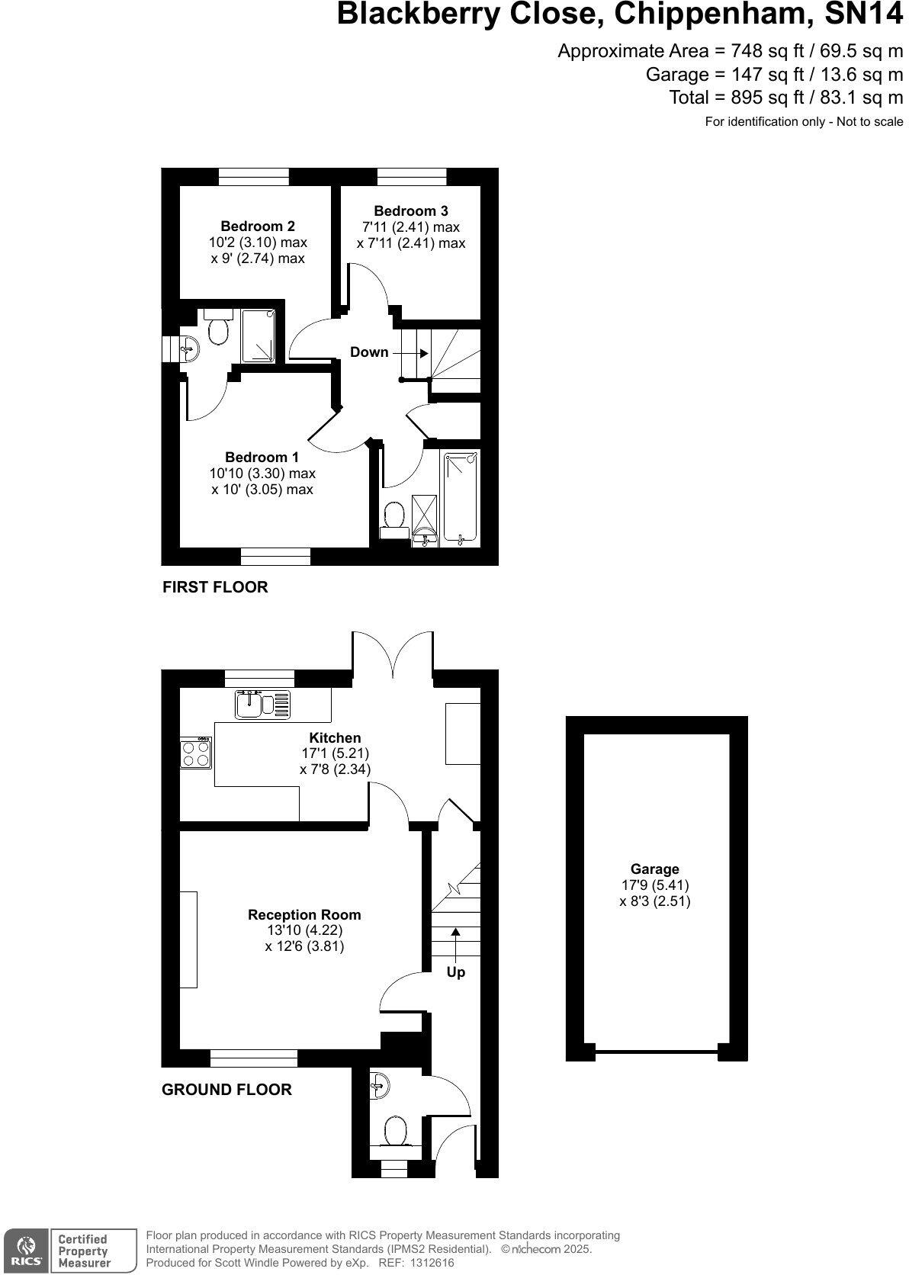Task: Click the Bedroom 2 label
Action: [258, 226]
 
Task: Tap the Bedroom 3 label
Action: [411, 211]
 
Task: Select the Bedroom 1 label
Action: [262, 458]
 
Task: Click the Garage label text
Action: [654, 869]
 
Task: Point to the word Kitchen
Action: [335, 737]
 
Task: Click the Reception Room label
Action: [304, 914]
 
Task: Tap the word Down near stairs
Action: [369, 352]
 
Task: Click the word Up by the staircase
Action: [455, 972]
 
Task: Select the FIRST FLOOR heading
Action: [215, 587]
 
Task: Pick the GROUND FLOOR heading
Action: [226, 1090]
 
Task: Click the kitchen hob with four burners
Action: [195, 753]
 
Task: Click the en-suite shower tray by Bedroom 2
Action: [259, 336]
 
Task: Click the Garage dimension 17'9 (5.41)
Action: [654, 885]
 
